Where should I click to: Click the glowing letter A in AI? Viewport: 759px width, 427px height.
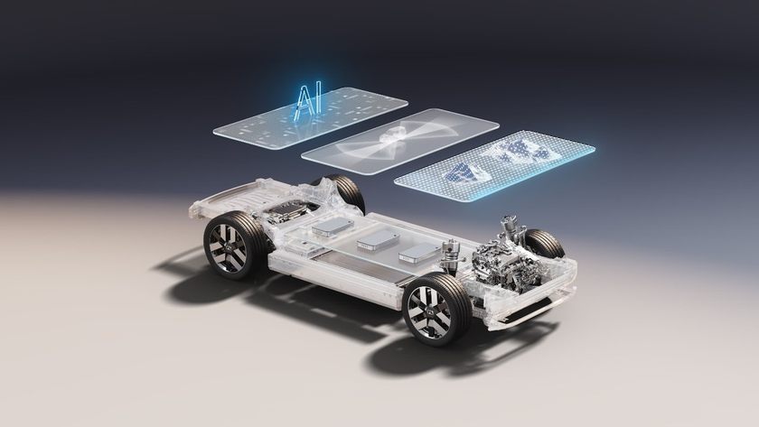pos(303,102)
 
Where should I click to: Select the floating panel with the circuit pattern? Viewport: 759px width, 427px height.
pos(310,118)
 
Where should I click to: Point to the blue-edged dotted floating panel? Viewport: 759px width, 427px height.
pos(495,164)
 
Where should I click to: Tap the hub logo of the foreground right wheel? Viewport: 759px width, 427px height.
pos(429,312)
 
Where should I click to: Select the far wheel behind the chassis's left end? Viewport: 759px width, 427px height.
pos(342,191)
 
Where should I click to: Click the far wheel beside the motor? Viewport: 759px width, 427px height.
pos(545,244)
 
